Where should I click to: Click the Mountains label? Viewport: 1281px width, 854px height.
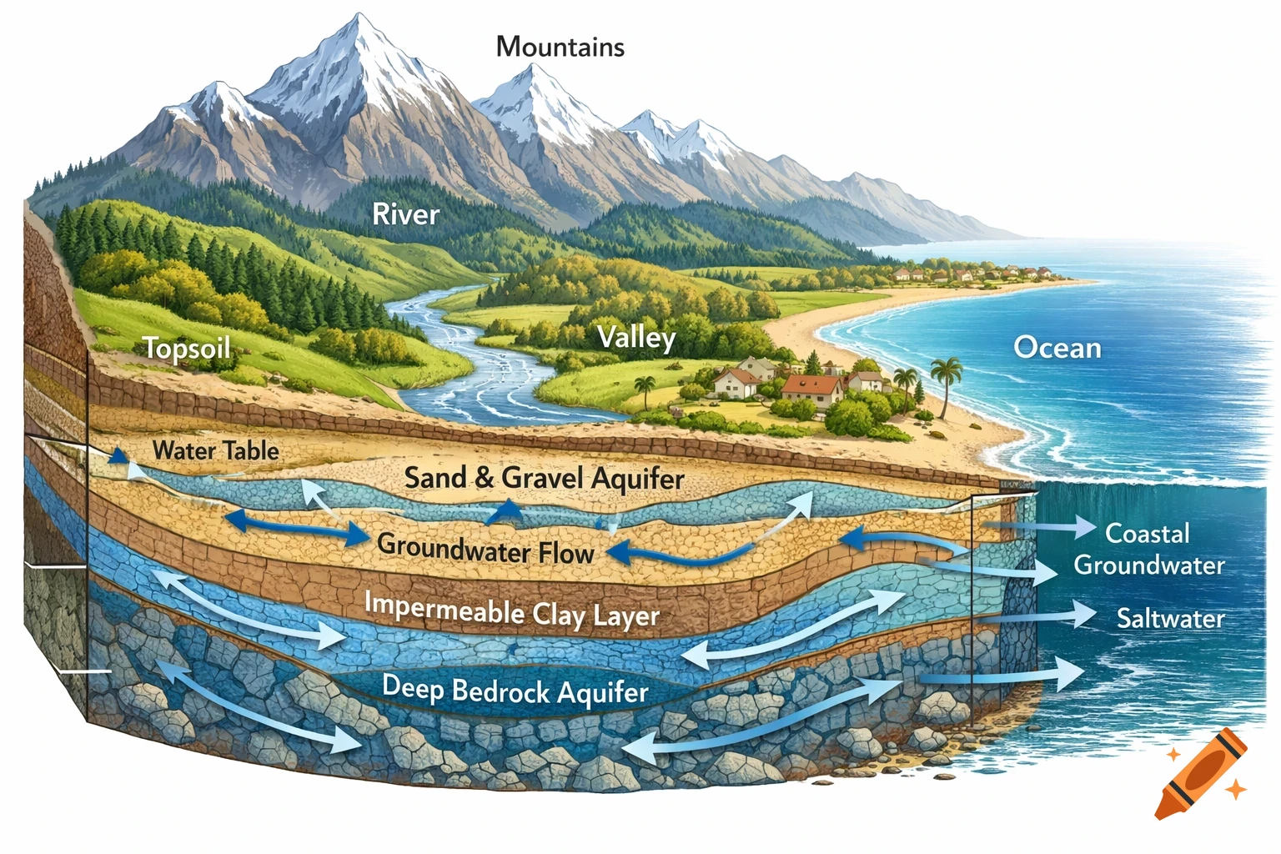coord(560,47)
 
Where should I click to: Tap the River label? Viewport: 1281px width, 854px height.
coord(405,214)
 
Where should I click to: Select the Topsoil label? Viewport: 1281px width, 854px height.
coord(187,347)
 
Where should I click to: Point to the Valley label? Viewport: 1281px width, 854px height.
coord(636,338)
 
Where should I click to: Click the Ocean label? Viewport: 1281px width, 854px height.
coord(1057,347)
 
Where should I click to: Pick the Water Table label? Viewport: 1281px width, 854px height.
coord(215,451)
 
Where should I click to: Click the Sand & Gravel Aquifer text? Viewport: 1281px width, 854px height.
coord(544,479)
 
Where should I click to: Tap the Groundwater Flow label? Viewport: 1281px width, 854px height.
coord(485,550)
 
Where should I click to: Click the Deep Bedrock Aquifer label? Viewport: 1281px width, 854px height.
coord(515,691)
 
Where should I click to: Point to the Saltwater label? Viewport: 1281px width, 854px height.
coord(1170,619)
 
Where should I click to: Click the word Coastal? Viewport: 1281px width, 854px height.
coord(1147,533)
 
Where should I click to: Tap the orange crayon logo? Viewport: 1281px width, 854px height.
coord(1202,773)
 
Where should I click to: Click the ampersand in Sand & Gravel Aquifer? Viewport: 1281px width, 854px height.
coord(484,479)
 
